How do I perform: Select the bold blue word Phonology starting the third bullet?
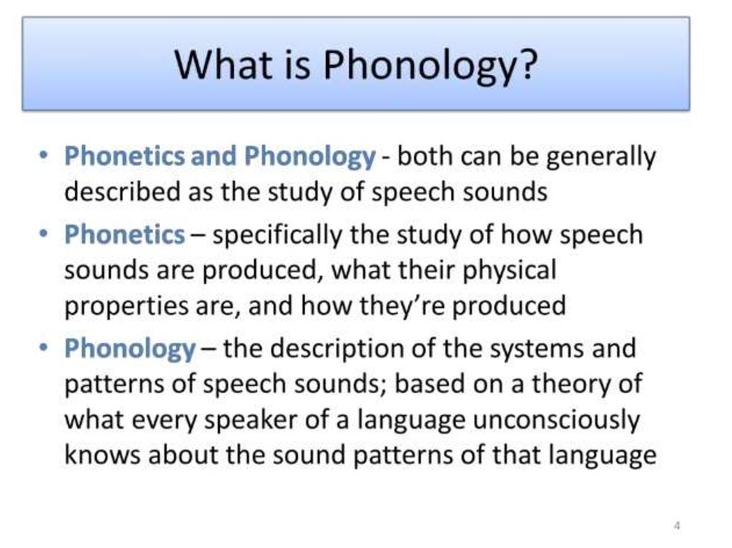pyautogui.click(x=129, y=349)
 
